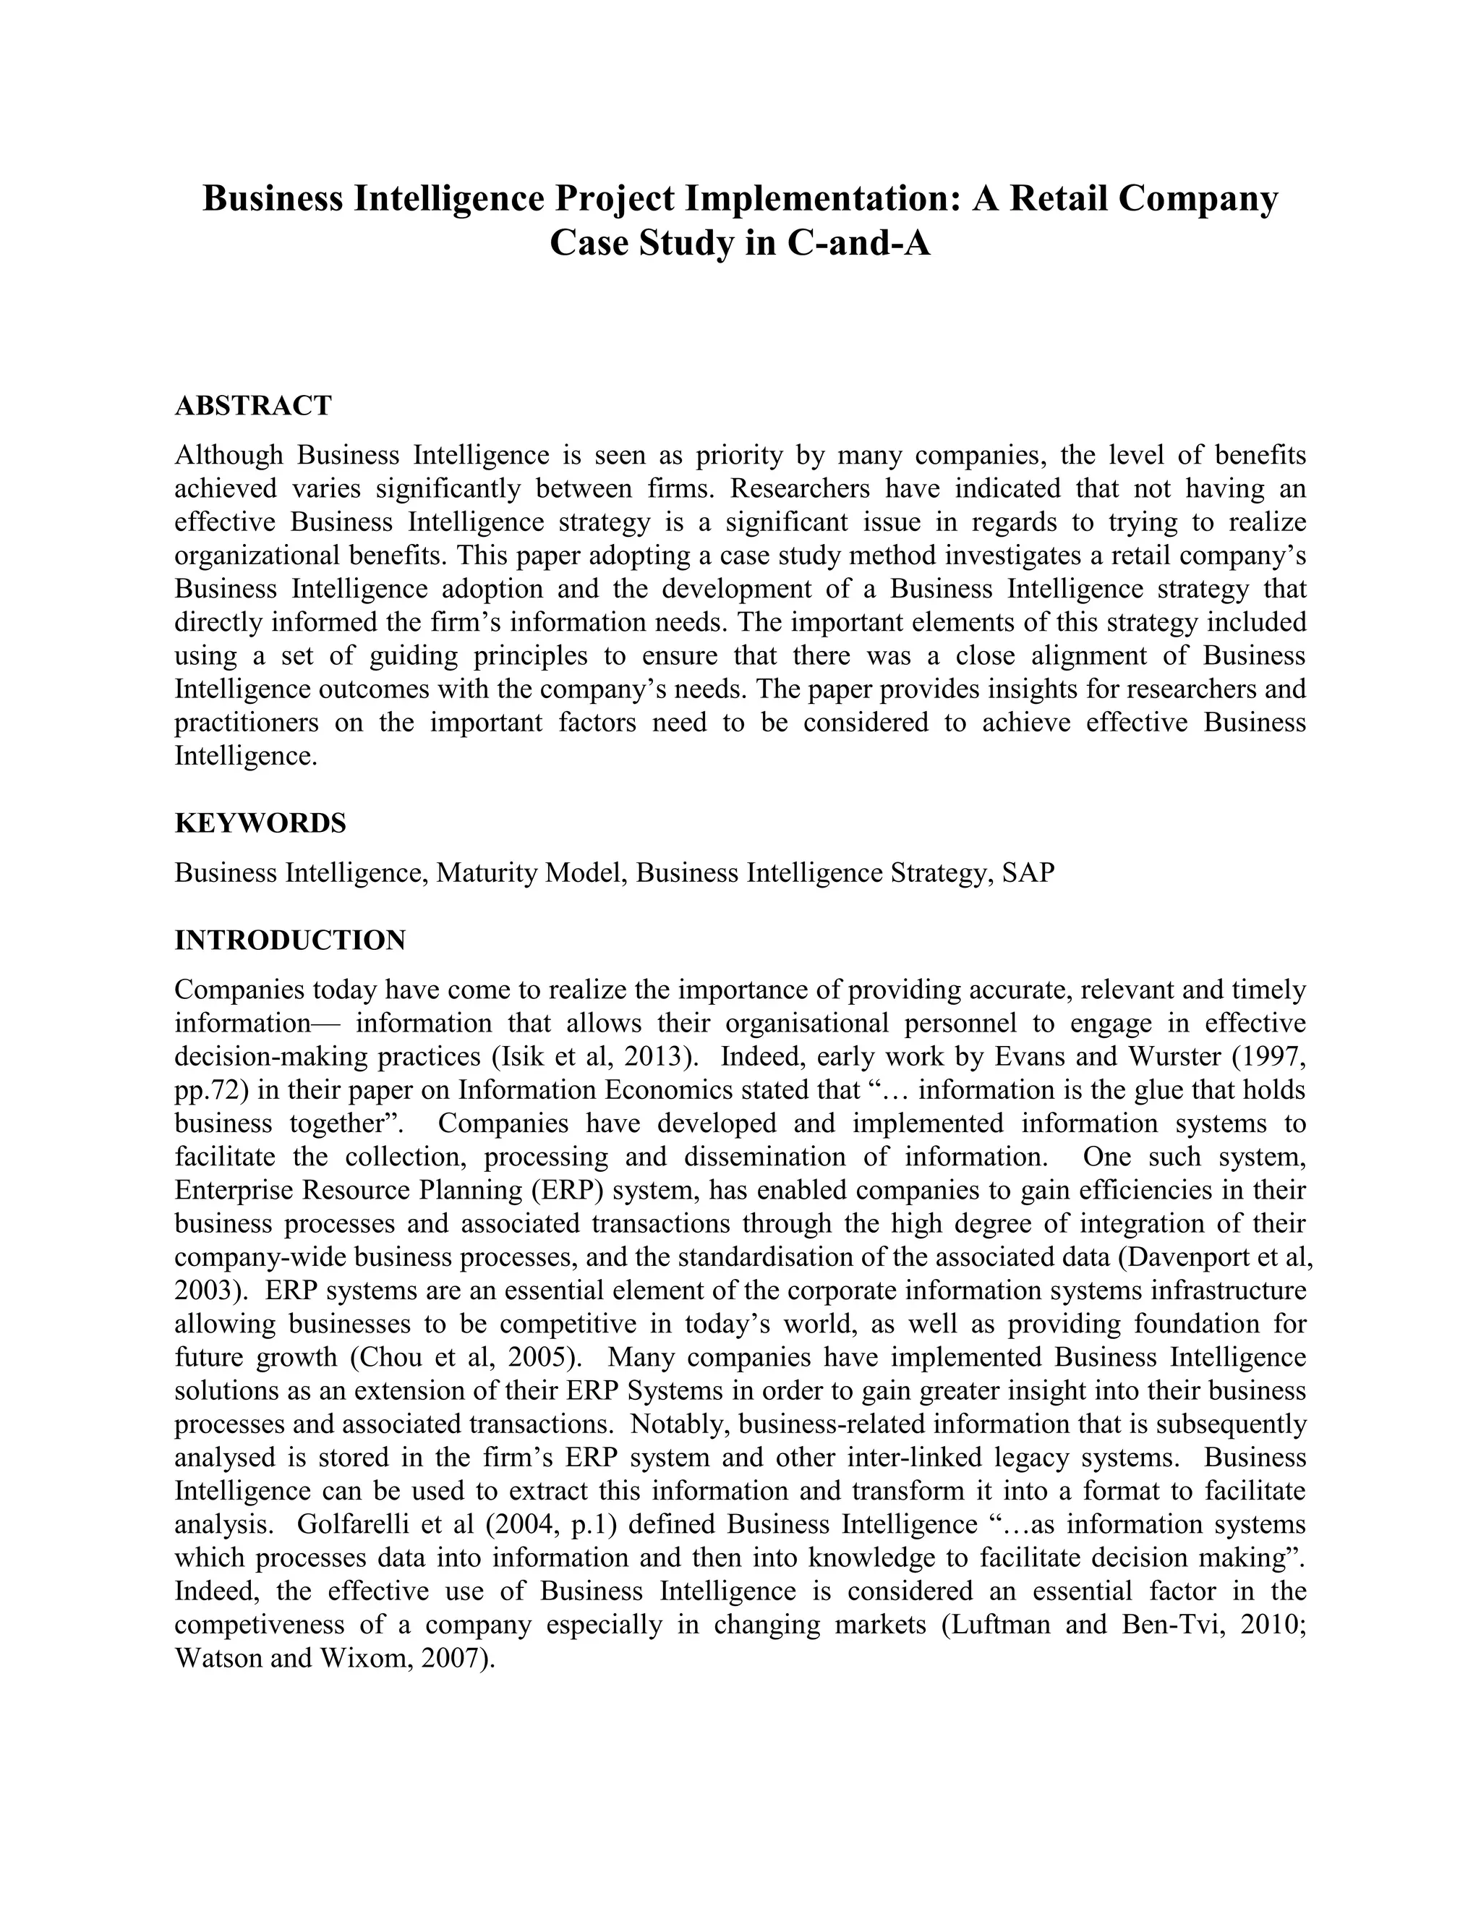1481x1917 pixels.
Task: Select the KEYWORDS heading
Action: (260, 823)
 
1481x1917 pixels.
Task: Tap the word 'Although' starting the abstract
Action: (229, 455)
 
